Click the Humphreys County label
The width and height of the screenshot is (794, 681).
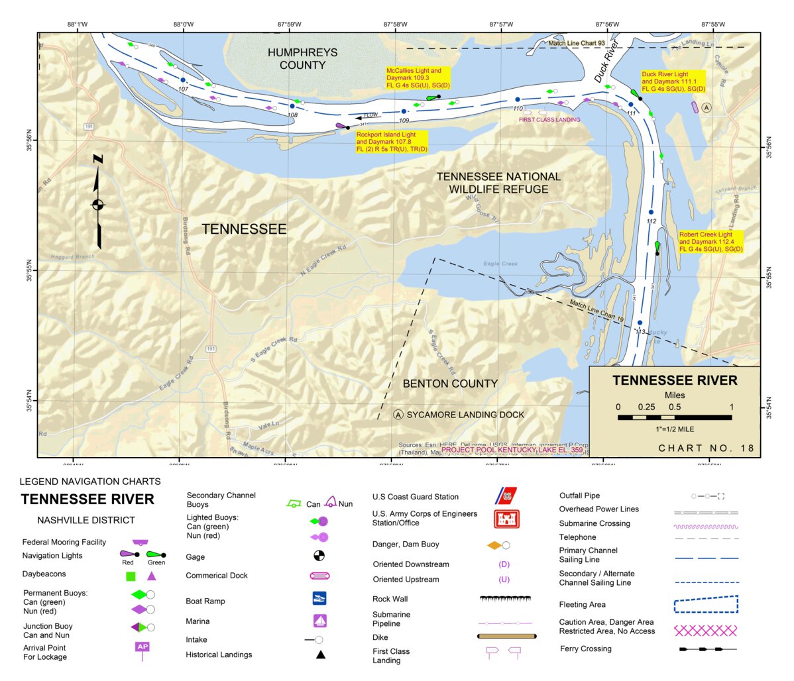[302, 59]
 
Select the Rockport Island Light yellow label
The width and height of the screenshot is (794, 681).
[392, 142]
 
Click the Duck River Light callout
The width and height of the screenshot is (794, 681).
[673, 81]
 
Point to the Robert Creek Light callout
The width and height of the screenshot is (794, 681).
[710, 242]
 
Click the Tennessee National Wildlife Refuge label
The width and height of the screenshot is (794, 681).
[498, 183]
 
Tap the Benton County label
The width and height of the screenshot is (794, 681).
[450, 384]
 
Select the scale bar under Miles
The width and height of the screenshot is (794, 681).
[675, 417]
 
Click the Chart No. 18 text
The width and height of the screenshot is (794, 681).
[706, 448]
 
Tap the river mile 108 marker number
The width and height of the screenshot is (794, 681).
[292, 115]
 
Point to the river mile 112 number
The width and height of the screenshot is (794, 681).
[651, 221]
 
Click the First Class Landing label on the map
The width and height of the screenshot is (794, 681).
[549, 120]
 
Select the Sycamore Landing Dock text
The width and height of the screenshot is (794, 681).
[465, 415]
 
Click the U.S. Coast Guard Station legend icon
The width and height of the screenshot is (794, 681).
[506, 496]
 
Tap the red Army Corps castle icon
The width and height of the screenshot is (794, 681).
[506, 518]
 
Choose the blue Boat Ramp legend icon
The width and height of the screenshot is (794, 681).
[319, 599]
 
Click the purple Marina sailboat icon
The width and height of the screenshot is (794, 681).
[320, 621]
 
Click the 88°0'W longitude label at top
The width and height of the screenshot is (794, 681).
[184, 25]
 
